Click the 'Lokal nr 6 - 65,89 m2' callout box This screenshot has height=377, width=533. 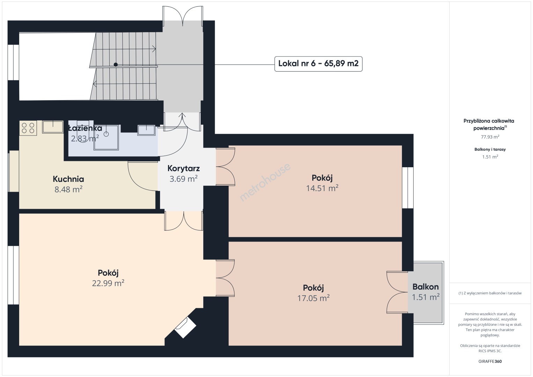point(319,64)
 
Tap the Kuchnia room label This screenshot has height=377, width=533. point(68,179)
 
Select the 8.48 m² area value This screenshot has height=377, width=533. point(68,189)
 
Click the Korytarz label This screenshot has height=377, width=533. point(183,168)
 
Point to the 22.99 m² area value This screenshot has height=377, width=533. point(108,283)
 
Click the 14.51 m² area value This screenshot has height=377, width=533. point(322,188)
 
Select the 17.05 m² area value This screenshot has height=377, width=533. point(313,298)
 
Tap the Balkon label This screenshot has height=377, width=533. point(425,287)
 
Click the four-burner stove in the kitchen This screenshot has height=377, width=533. point(28,128)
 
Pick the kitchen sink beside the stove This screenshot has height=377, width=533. point(53,127)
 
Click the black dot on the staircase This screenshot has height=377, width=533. point(116,65)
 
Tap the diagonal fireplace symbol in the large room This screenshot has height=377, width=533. point(185,327)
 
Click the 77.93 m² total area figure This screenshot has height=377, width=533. point(490,137)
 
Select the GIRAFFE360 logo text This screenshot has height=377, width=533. point(490,361)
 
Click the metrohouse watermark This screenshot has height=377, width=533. point(265,182)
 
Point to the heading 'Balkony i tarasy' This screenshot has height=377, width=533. point(490,149)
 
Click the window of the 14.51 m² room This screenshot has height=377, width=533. point(408,188)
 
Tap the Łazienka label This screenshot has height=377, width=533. point(85,128)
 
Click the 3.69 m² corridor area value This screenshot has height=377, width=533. point(183,179)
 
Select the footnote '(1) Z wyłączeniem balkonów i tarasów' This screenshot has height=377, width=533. point(490,293)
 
